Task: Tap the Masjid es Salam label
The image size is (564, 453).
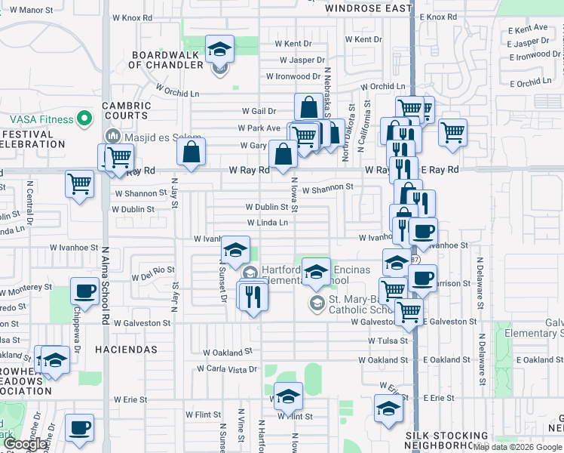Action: click(x=155, y=136)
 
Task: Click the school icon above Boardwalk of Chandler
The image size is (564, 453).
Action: click(x=219, y=49)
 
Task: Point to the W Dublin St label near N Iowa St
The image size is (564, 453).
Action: click(x=267, y=207)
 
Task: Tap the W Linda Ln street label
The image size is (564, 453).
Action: click(x=268, y=223)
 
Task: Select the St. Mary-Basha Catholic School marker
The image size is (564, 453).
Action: click(x=317, y=303)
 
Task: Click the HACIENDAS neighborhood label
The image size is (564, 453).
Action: click(x=126, y=350)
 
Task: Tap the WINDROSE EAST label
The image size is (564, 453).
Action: click(x=369, y=8)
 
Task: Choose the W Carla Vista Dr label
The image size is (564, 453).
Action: click(x=226, y=369)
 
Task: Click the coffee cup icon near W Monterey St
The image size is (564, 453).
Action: click(x=83, y=291)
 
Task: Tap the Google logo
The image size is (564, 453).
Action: click(x=25, y=444)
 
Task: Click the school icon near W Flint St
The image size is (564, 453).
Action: click(x=287, y=396)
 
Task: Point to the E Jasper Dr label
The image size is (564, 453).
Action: click(x=528, y=42)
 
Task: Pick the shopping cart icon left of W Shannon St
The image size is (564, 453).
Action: click(x=79, y=183)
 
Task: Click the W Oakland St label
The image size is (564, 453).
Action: click(x=228, y=353)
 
